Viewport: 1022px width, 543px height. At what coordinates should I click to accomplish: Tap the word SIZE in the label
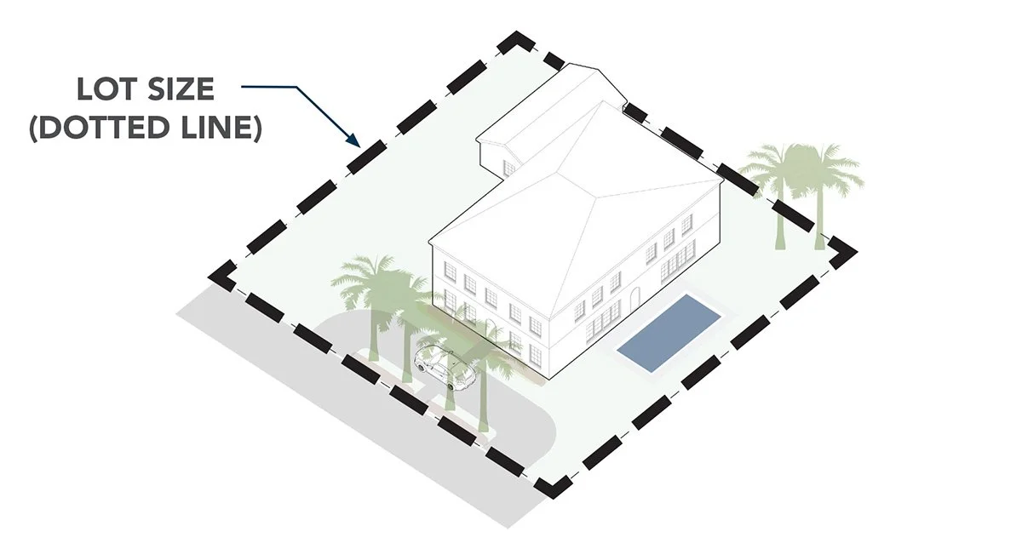click(x=184, y=89)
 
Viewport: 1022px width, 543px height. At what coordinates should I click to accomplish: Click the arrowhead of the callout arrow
click(x=353, y=139)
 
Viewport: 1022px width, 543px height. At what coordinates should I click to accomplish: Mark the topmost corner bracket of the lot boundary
click(x=517, y=43)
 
